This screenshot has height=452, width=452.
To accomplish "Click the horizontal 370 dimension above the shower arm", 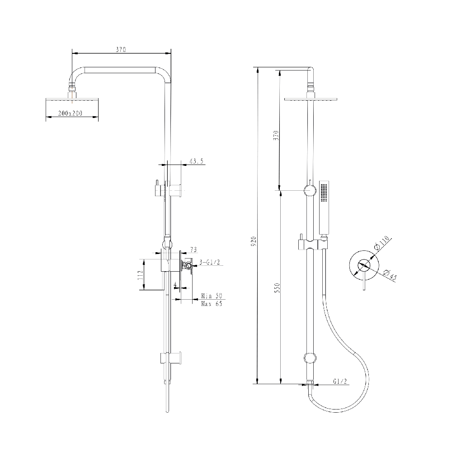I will pos(120,49).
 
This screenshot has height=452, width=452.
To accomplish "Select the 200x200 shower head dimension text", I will pos(70,113).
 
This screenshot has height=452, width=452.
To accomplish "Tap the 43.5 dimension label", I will pos(196,160).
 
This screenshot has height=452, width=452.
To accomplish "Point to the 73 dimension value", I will pos(193,249).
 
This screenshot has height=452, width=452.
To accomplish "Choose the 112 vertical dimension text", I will pos(141,275).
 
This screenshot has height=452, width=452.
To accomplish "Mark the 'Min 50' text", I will pos(212,296).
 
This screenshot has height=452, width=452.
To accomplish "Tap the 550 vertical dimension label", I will pos(277,287).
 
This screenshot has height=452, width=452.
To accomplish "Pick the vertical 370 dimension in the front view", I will pos(277,135).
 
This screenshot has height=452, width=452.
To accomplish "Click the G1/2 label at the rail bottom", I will pos(340,382).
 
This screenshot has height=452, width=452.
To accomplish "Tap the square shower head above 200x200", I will pos(72,98).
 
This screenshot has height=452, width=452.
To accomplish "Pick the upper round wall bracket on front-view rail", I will pos(310,190).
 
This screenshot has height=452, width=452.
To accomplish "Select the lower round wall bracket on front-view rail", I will pos(310,358).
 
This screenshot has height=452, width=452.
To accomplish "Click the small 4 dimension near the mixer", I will pos(175,284).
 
